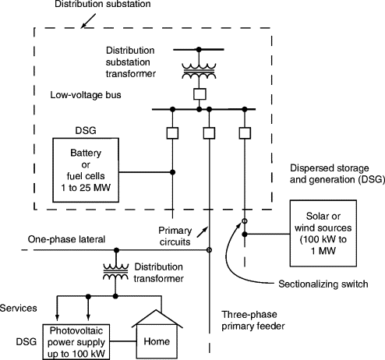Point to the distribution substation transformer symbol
click(x=199, y=70)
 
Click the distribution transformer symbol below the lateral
click(x=116, y=271)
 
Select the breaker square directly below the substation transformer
click(x=200, y=94)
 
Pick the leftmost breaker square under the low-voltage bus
click(x=172, y=133)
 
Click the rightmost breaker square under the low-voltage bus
click(x=245, y=133)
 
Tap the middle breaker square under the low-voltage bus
click(x=209, y=133)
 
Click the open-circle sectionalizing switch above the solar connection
click(x=245, y=221)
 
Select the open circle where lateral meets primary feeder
click(x=209, y=250)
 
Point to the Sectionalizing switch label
click(x=323, y=284)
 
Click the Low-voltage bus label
click(x=86, y=95)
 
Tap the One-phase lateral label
click(x=66, y=239)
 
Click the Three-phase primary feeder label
click(x=253, y=320)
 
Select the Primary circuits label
click(x=175, y=236)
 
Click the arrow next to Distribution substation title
click(x=88, y=21)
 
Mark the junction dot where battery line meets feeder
click(x=172, y=172)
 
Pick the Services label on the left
click(x=18, y=308)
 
